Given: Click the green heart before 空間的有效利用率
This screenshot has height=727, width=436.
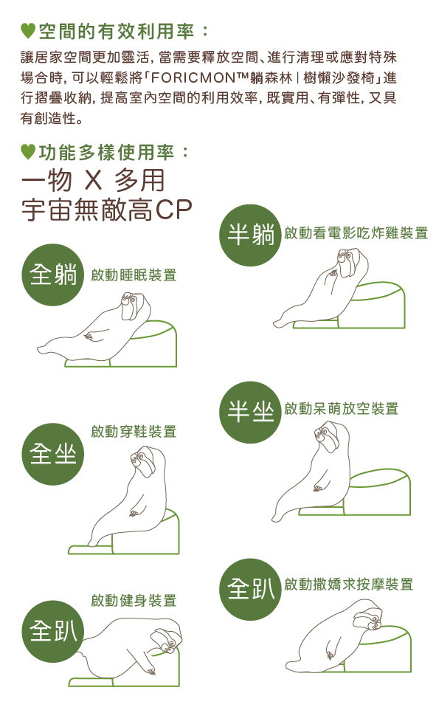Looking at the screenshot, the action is click(x=28, y=31).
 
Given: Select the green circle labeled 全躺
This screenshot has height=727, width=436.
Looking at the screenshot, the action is click(x=53, y=275).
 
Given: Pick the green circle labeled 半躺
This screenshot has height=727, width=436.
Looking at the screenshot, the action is click(x=251, y=235).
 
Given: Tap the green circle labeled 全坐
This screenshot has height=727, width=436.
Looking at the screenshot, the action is click(x=53, y=454).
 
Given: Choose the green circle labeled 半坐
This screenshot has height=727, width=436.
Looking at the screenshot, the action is click(x=251, y=412).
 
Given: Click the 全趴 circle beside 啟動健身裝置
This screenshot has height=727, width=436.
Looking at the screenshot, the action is click(x=53, y=631).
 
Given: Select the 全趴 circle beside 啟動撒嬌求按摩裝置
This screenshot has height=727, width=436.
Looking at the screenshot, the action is click(x=251, y=589).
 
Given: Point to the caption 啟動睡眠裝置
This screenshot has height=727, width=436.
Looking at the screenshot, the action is click(x=134, y=275).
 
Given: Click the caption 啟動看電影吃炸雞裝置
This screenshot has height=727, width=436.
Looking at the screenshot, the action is click(x=356, y=232).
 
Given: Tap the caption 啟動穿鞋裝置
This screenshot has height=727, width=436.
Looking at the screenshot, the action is click(x=134, y=432).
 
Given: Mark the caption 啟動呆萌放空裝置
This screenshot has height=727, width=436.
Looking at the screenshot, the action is click(x=342, y=408).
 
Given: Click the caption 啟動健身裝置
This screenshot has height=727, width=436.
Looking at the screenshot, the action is click(x=134, y=601).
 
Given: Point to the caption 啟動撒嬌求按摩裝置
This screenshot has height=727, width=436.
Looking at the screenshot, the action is click(x=349, y=584).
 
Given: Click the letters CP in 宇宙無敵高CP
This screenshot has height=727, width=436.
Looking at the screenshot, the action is click(x=174, y=210).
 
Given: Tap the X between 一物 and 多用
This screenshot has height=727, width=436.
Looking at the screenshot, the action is click(x=94, y=180).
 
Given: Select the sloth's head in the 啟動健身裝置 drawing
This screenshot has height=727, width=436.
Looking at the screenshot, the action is click(x=167, y=641).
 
